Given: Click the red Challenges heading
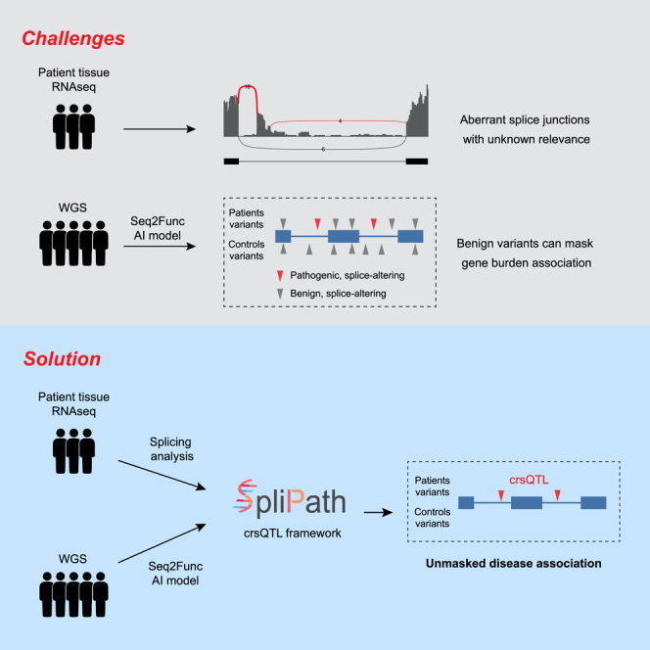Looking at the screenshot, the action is [73, 38].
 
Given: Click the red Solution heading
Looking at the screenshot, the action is [63, 358].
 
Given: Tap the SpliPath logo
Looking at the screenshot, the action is [289, 498].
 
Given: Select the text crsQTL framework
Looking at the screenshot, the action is [293, 534].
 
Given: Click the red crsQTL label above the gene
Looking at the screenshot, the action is [529, 480].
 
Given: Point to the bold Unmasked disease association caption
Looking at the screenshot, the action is [513, 563].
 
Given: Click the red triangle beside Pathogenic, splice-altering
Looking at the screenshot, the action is [280, 276].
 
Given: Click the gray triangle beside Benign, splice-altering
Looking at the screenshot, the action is [280, 294].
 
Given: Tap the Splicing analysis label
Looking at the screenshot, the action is [171, 449].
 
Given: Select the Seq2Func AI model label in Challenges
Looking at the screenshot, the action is [158, 228].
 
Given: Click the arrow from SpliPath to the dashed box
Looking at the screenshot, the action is [378, 512].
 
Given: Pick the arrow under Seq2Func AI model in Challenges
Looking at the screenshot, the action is [160, 247].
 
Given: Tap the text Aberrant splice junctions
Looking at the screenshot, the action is [525, 119].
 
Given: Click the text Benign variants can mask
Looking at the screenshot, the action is [525, 244].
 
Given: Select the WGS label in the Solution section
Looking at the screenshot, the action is [72, 559].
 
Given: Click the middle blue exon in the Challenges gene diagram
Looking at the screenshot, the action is [344, 236].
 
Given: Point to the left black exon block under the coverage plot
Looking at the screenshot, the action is [231, 162].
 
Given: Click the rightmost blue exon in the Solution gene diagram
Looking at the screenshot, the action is [593, 503].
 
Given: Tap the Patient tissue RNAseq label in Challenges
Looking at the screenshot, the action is [73, 79].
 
